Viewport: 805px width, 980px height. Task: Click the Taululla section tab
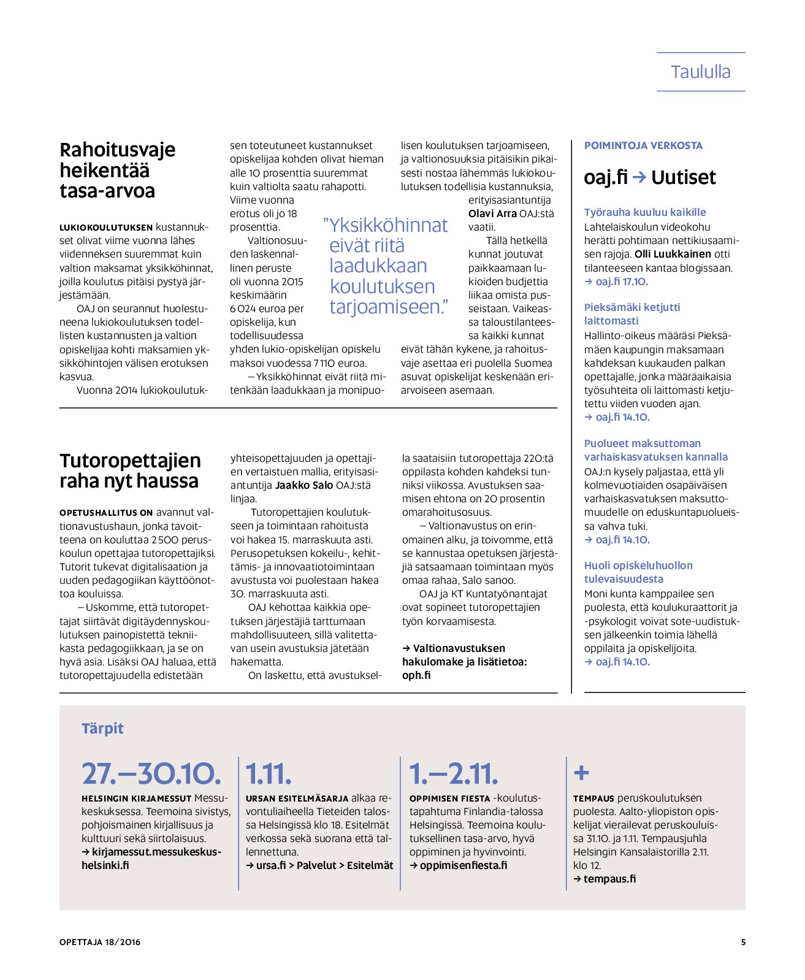click(700, 72)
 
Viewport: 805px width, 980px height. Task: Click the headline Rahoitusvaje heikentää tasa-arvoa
click(117, 170)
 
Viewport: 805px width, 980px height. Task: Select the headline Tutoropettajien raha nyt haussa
click(130, 470)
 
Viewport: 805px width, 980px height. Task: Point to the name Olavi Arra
click(492, 213)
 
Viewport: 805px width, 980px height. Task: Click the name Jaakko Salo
click(304, 485)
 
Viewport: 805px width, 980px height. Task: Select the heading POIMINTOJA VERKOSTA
click(643, 145)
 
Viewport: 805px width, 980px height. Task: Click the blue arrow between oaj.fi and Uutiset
click(639, 177)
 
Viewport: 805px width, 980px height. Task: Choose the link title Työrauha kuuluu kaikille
click(645, 212)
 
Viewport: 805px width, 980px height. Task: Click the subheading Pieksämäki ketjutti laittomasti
click(631, 313)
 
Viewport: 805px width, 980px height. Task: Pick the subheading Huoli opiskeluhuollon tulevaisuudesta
click(638, 572)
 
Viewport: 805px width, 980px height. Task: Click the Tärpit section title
click(102, 728)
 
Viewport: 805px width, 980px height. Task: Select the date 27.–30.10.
click(151, 773)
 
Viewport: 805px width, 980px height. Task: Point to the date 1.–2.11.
click(453, 773)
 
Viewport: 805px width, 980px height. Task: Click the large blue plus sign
click(581, 773)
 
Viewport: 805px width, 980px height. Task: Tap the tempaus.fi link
click(609, 879)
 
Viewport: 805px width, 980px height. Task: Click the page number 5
click(743, 942)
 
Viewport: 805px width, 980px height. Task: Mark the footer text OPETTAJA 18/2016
click(100, 942)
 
